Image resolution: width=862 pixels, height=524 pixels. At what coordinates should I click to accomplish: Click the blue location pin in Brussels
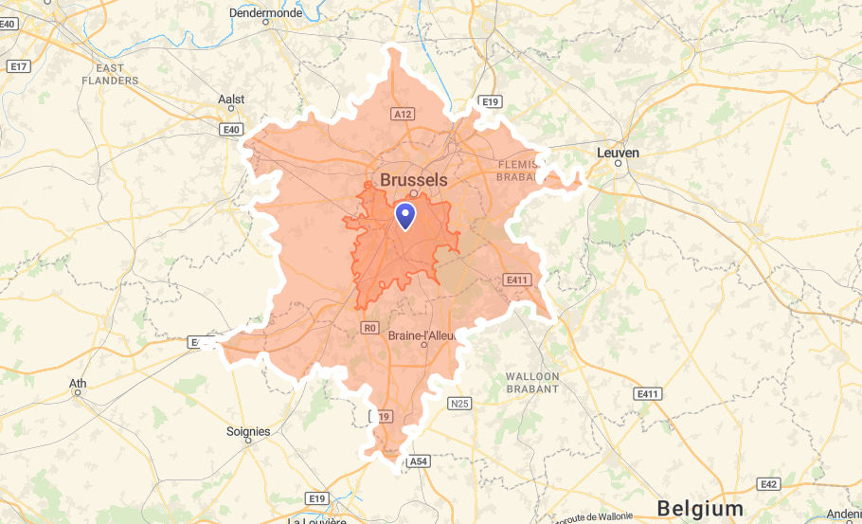click(x=405, y=216)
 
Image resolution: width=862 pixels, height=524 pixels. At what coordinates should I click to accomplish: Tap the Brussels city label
click(x=413, y=179)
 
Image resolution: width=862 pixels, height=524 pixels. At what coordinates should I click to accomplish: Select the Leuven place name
click(x=618, y=152)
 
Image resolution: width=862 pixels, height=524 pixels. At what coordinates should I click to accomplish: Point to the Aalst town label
click(x=231, y=99)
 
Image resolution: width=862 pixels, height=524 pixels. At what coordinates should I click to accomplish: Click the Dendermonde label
click(x=265, y=13)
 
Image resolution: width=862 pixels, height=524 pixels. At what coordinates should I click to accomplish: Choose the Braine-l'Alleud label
click(x=422, y=334)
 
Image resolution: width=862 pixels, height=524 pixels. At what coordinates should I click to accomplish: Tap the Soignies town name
click(x=248, y=431)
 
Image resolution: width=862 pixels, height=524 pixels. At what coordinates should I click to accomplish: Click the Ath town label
click(x=78, y=383)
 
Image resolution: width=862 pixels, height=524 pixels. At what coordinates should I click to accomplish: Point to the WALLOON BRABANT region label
click(x=532, y=382)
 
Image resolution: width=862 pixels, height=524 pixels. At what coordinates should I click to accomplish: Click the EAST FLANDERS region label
click(x=117, y=74)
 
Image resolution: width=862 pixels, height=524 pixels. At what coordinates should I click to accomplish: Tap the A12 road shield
click(x=403, y=114)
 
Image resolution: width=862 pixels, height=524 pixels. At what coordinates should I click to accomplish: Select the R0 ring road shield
click(x=370, y=328)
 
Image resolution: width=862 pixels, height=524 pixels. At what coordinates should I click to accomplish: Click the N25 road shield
click(x=459, y=404)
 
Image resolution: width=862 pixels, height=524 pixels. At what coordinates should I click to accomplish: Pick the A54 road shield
click(x=418, y=461)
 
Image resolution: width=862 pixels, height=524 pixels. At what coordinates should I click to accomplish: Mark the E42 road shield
click(x=769, y=484)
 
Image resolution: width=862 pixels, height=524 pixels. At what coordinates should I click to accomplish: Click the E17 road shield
click(x=17, y=66)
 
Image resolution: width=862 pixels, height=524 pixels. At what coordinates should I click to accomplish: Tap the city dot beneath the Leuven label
click(x=618, y=163)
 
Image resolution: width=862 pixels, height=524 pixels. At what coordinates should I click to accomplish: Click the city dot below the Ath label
click(x=78, y=393)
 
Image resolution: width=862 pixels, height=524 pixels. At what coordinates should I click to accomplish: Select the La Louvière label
click(x=321, y=519)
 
